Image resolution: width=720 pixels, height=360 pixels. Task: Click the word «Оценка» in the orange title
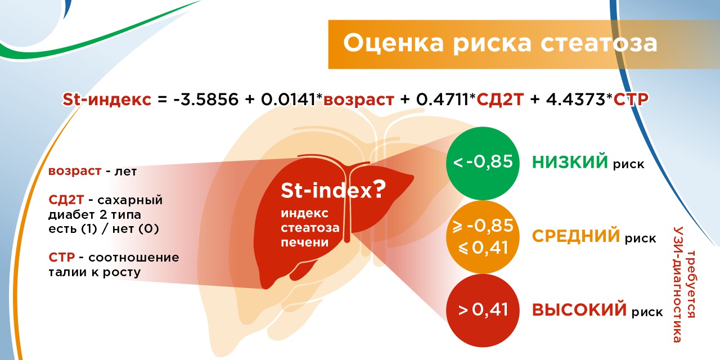click(x=393, y=43)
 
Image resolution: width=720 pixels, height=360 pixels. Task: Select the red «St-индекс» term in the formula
click(x=107, y=100)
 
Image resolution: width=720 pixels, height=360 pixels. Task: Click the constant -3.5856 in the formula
click(x=206, y=100)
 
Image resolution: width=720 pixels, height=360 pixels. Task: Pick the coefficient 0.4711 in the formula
click(x=443, y=100)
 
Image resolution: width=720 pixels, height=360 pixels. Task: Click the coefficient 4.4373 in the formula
click(x=575, y=100)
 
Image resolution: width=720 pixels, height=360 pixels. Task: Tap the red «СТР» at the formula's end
click(x=631, y=100)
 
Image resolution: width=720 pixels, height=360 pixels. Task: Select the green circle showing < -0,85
click(x=483, y=163)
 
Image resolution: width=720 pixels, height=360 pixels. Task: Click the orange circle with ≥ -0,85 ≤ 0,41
click(x=483, y=237)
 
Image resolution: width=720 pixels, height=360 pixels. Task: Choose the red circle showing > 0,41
click(x=483, y=310)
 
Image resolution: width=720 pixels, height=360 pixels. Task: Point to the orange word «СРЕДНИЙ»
click(x=575, y=236)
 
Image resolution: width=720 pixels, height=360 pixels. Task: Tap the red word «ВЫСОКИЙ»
click(x=579, y=310)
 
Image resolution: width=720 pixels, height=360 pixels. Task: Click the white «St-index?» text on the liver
click(x=333, y=190)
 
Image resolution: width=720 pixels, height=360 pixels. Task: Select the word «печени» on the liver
click(x=305, y=242)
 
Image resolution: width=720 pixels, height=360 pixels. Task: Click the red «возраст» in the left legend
click(x=75, y=172)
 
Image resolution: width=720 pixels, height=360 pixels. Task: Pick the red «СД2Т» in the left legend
click(x=66, y=200)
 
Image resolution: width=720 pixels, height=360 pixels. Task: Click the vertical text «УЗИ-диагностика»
click(x=678, y=285)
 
